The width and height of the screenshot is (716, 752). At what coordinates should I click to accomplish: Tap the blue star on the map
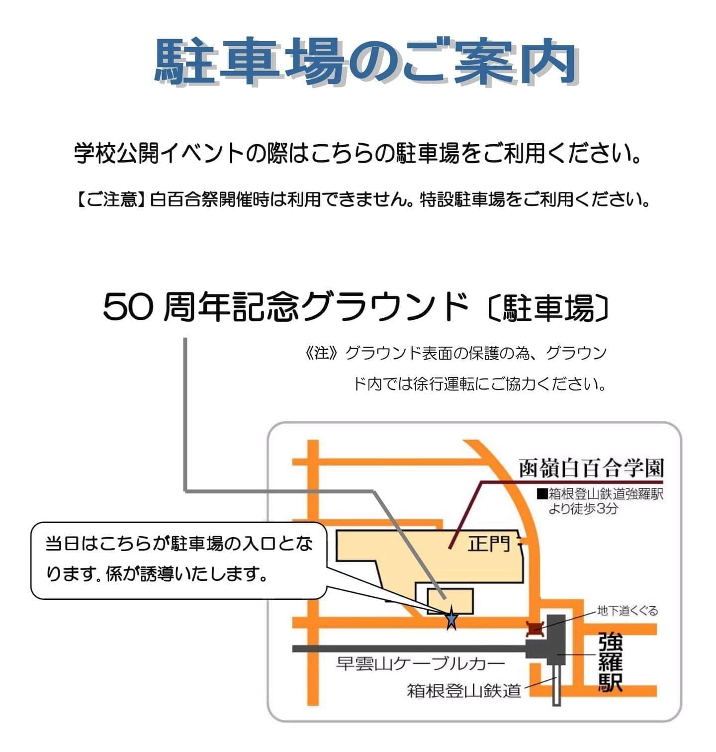(x=451, y=618)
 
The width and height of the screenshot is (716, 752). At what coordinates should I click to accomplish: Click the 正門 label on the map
(x=489, y=544)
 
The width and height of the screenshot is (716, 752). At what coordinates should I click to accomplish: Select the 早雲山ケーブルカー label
(x=420, y=663)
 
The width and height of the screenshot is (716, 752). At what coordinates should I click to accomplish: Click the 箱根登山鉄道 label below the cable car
(x=464, y=690)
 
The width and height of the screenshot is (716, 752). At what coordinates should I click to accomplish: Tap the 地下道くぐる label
(x=627, y=610)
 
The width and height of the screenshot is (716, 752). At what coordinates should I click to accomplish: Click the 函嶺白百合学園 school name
(x=591, y=468)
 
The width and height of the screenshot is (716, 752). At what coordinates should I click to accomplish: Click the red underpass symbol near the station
(x=535, y=629)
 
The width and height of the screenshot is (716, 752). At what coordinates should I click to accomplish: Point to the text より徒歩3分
(x=583, y=509)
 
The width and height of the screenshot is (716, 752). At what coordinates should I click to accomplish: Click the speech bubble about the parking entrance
(x=179, y=560)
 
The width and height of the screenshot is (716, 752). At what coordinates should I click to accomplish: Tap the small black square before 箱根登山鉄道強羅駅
(x=542, y=494)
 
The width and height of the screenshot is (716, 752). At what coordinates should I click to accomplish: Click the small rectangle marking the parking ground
(x=450, y=601)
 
